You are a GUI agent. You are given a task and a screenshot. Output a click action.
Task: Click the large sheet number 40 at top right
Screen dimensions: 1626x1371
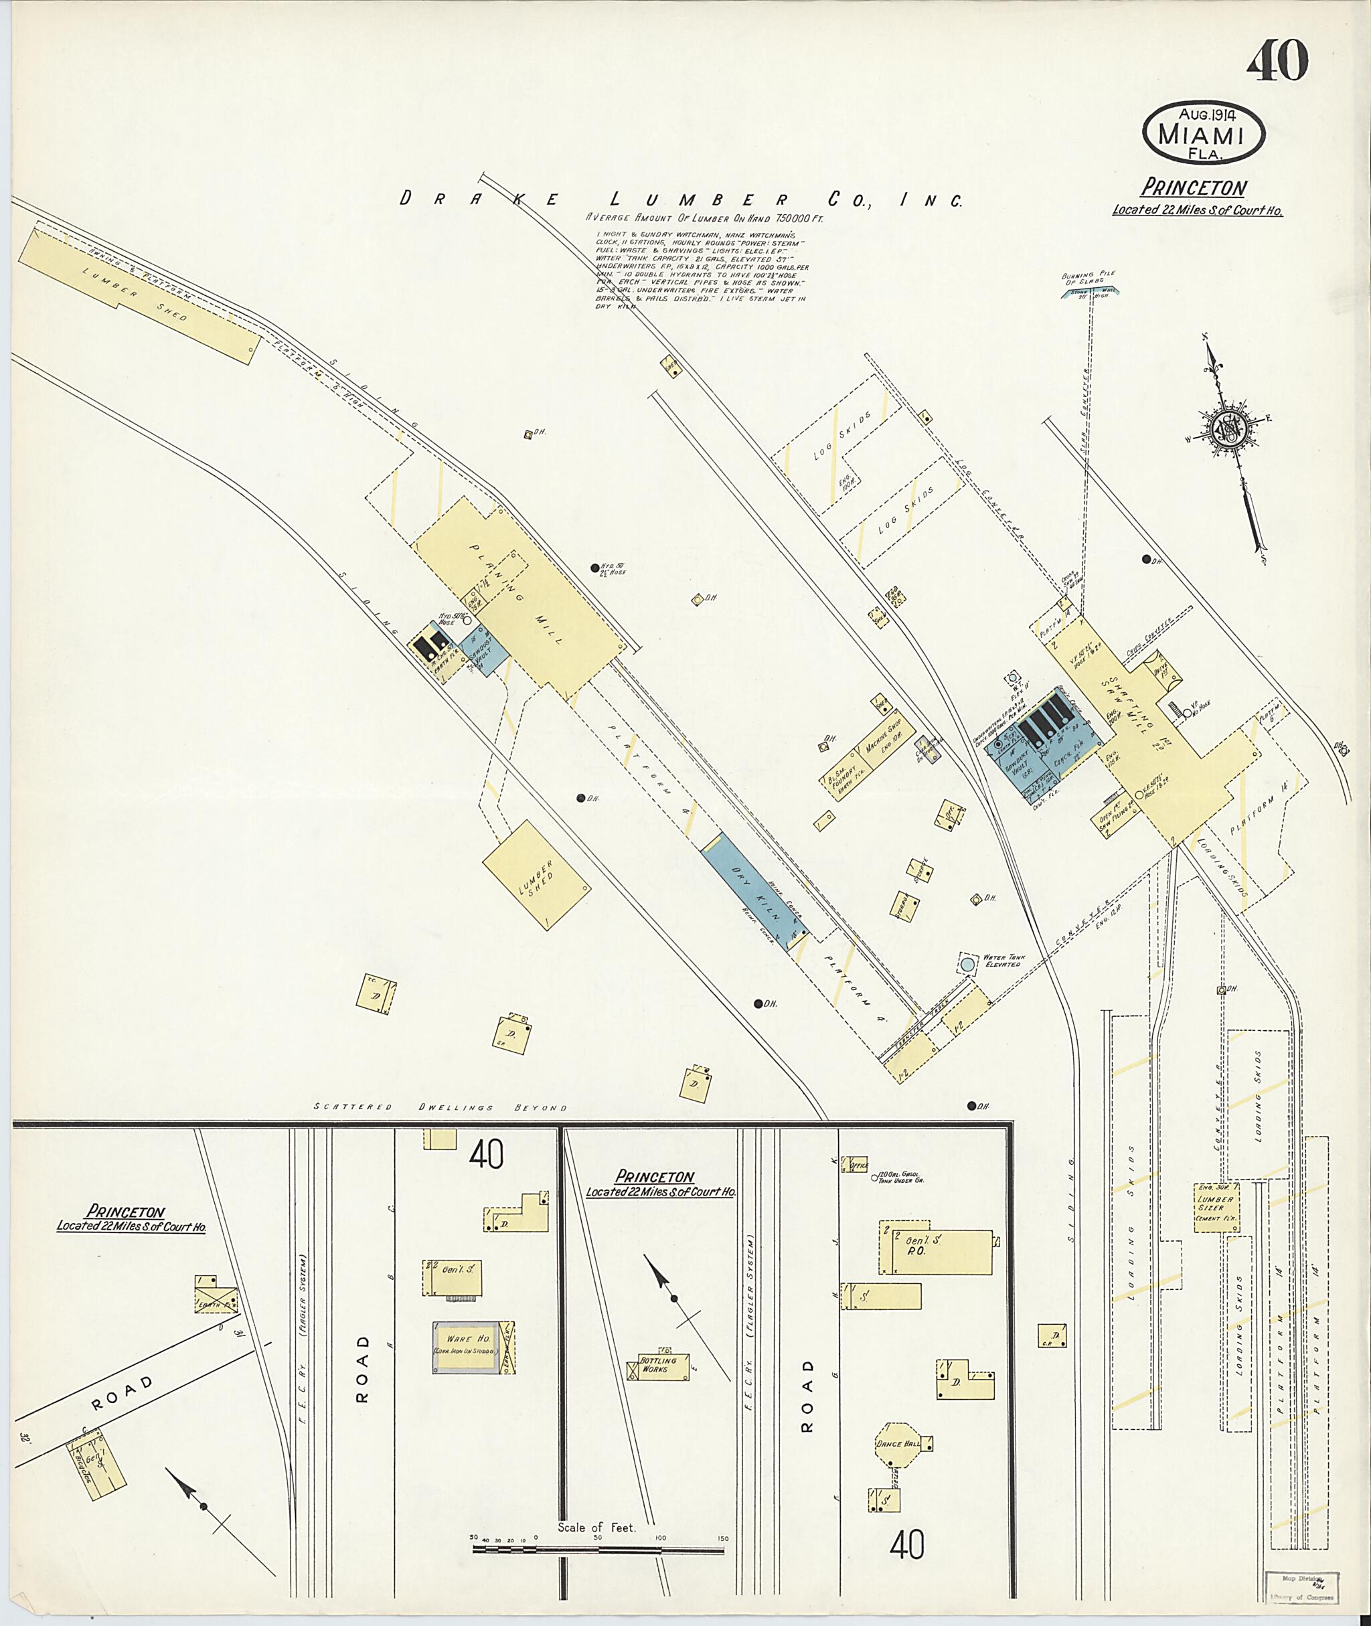point(1277,62)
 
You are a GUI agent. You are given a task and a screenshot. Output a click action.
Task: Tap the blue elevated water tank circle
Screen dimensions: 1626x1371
point(967,964)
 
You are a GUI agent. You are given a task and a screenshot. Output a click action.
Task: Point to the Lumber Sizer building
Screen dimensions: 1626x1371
point(1216,1208)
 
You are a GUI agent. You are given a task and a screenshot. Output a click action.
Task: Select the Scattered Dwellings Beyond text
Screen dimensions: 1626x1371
point(440,1107)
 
